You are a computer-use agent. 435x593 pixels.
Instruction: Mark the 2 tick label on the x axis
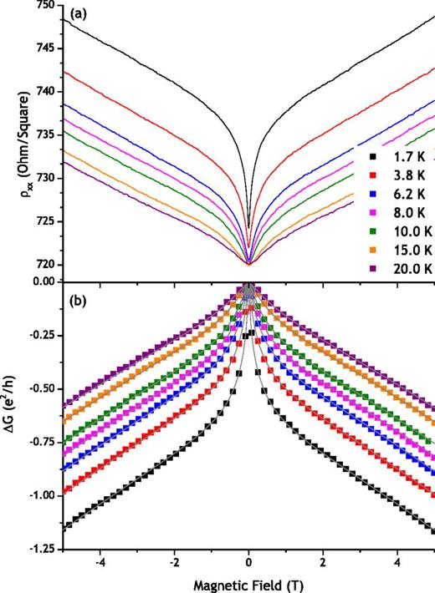click(323, 563)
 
